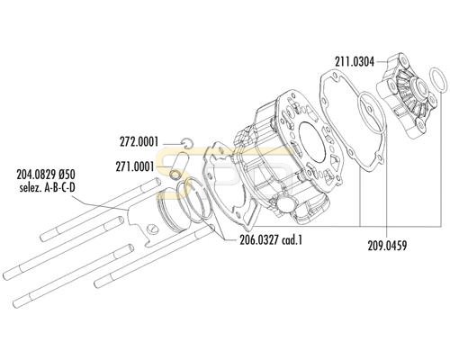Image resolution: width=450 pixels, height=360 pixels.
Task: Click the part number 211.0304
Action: coord(355,62)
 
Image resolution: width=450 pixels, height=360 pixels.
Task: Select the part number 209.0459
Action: coord(387,246)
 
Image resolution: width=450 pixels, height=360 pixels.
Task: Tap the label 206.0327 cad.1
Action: coord(271,240)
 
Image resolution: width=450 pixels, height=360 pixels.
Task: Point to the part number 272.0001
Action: coord(139,142)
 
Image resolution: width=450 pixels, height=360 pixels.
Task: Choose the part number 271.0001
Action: coord(135,166)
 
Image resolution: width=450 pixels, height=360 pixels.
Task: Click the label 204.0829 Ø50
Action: coord(46,175)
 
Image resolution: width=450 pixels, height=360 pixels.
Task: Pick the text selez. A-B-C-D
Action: coord(47,188)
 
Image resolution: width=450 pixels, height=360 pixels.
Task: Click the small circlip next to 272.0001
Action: coord(187,142)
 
